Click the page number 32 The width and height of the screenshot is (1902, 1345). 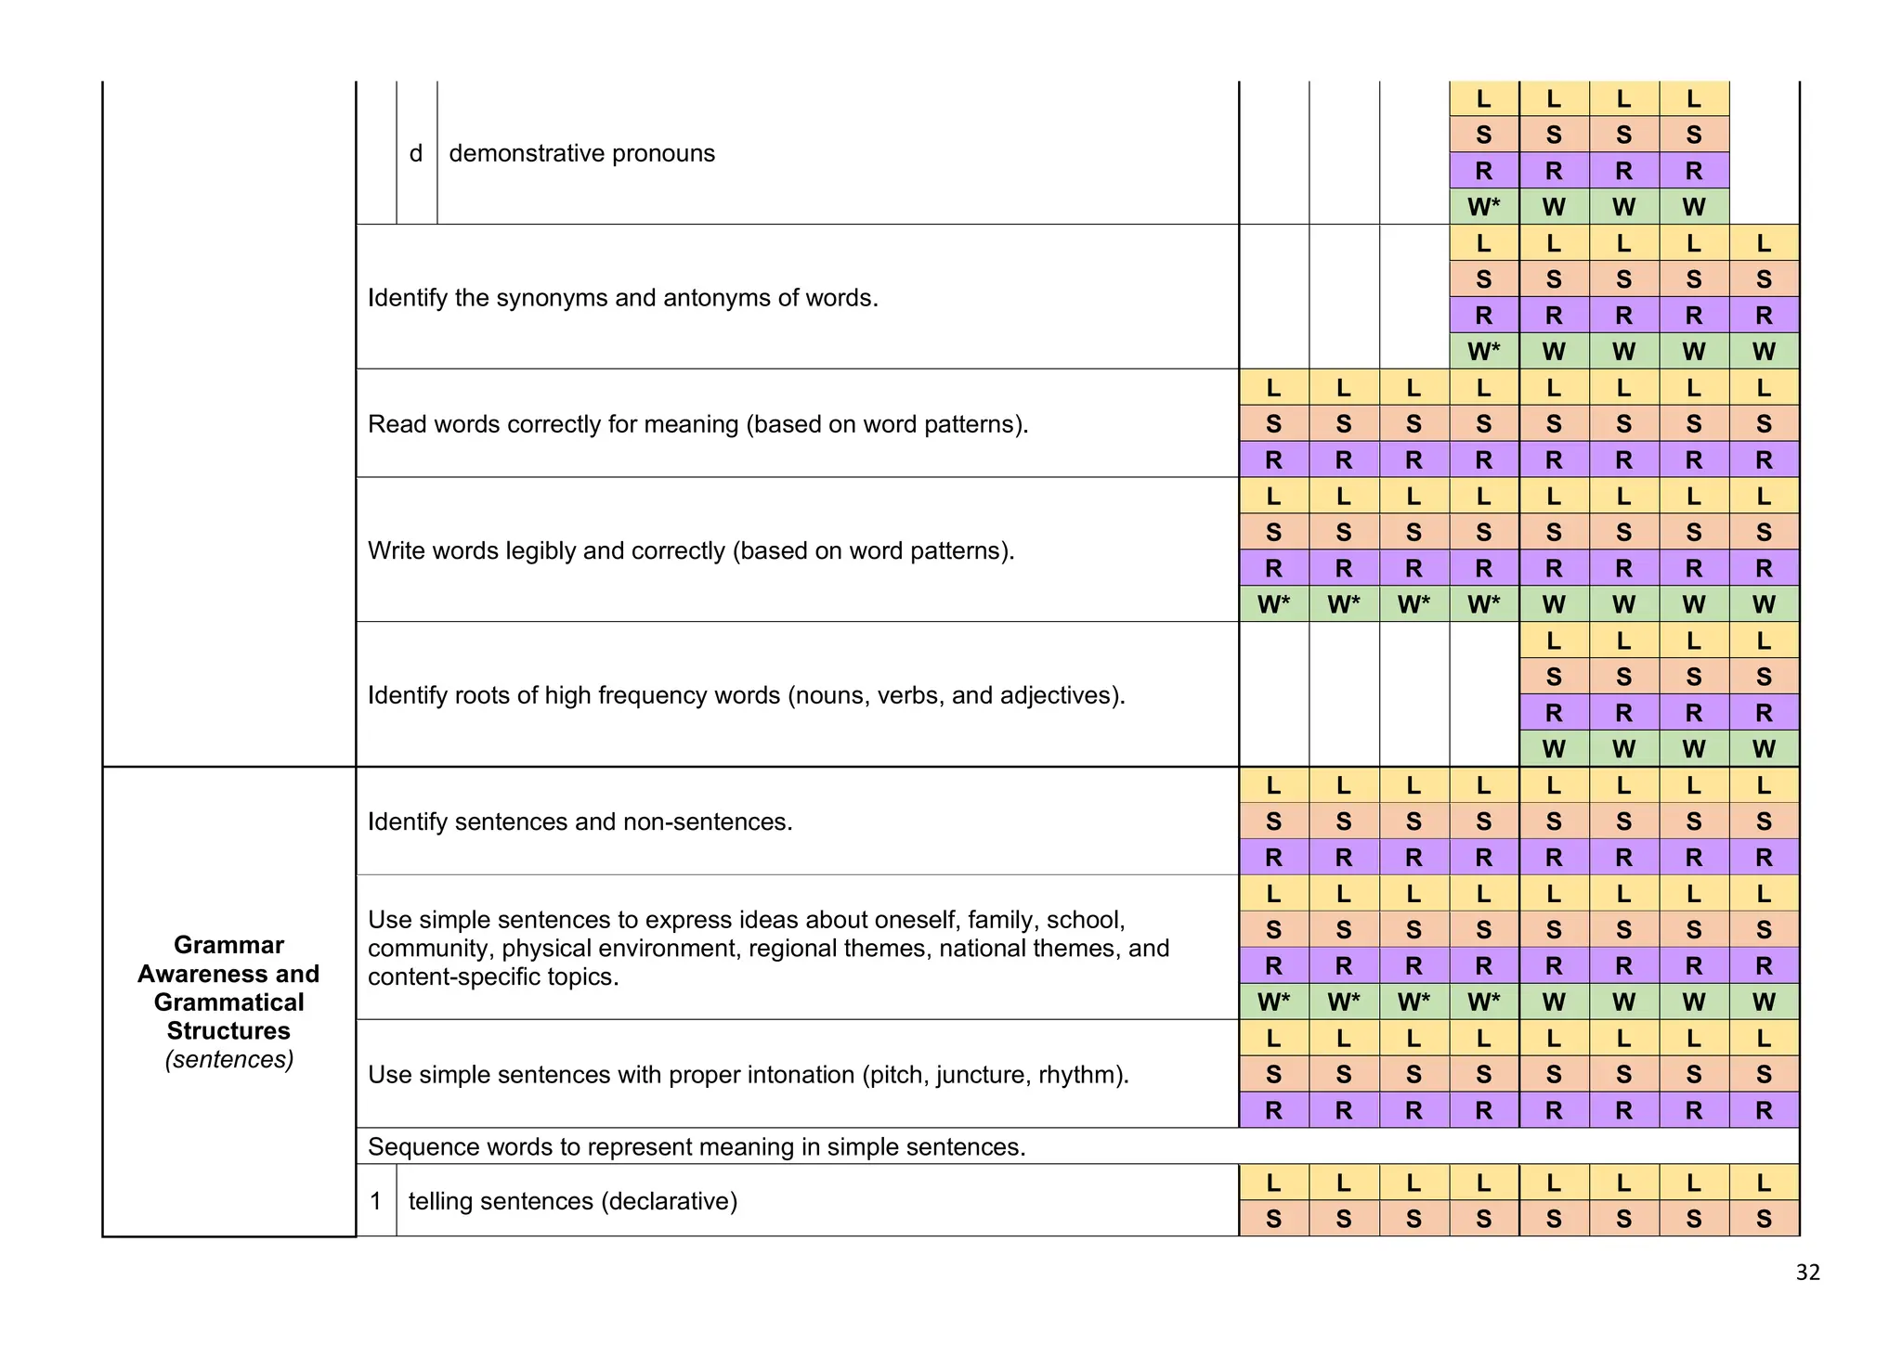1807,1272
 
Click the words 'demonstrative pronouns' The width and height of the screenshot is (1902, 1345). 581,153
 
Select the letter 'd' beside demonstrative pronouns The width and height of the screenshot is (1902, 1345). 416,153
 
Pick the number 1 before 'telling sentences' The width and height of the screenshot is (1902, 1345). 375,1201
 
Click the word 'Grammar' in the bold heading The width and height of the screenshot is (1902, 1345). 228,945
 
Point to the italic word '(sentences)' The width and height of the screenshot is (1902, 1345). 228,1059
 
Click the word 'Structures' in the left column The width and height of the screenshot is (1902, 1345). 228,1030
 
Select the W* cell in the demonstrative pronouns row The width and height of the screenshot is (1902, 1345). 1483,207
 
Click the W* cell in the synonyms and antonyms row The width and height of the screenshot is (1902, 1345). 1483,352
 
